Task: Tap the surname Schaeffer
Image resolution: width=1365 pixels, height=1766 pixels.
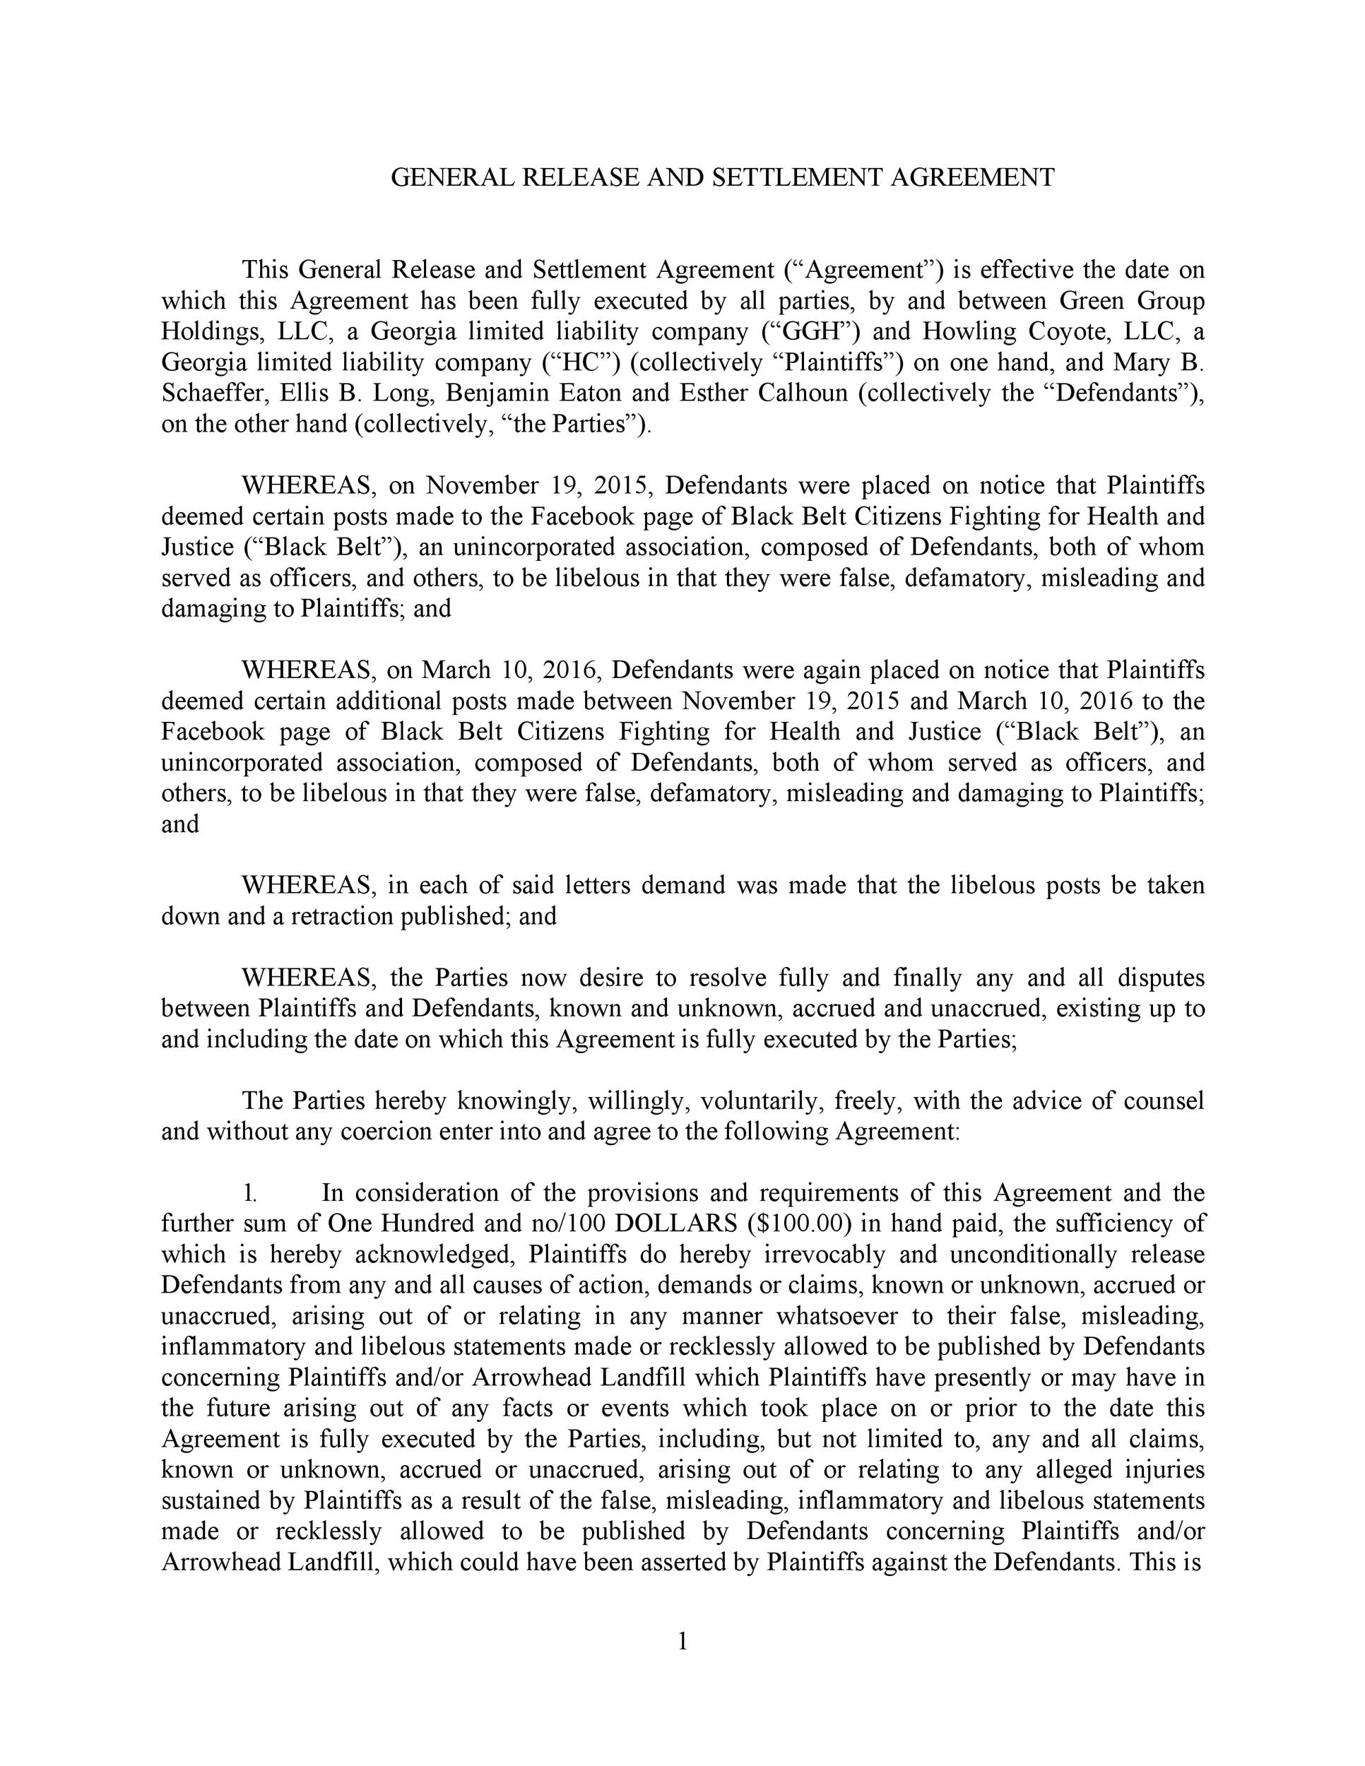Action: (213, 393)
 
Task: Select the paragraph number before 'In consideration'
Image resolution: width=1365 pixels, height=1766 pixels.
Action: (250, 1192)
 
